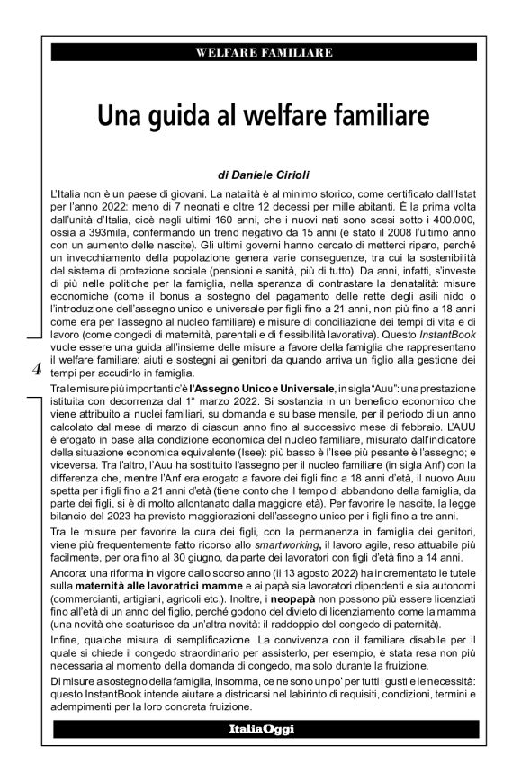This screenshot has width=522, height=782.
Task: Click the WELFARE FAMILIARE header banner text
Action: click(x=260, y=55)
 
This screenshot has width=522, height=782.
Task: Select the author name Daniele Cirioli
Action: click(x=271, y=177)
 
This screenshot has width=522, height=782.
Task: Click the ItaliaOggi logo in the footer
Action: click(x=260, y=727)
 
